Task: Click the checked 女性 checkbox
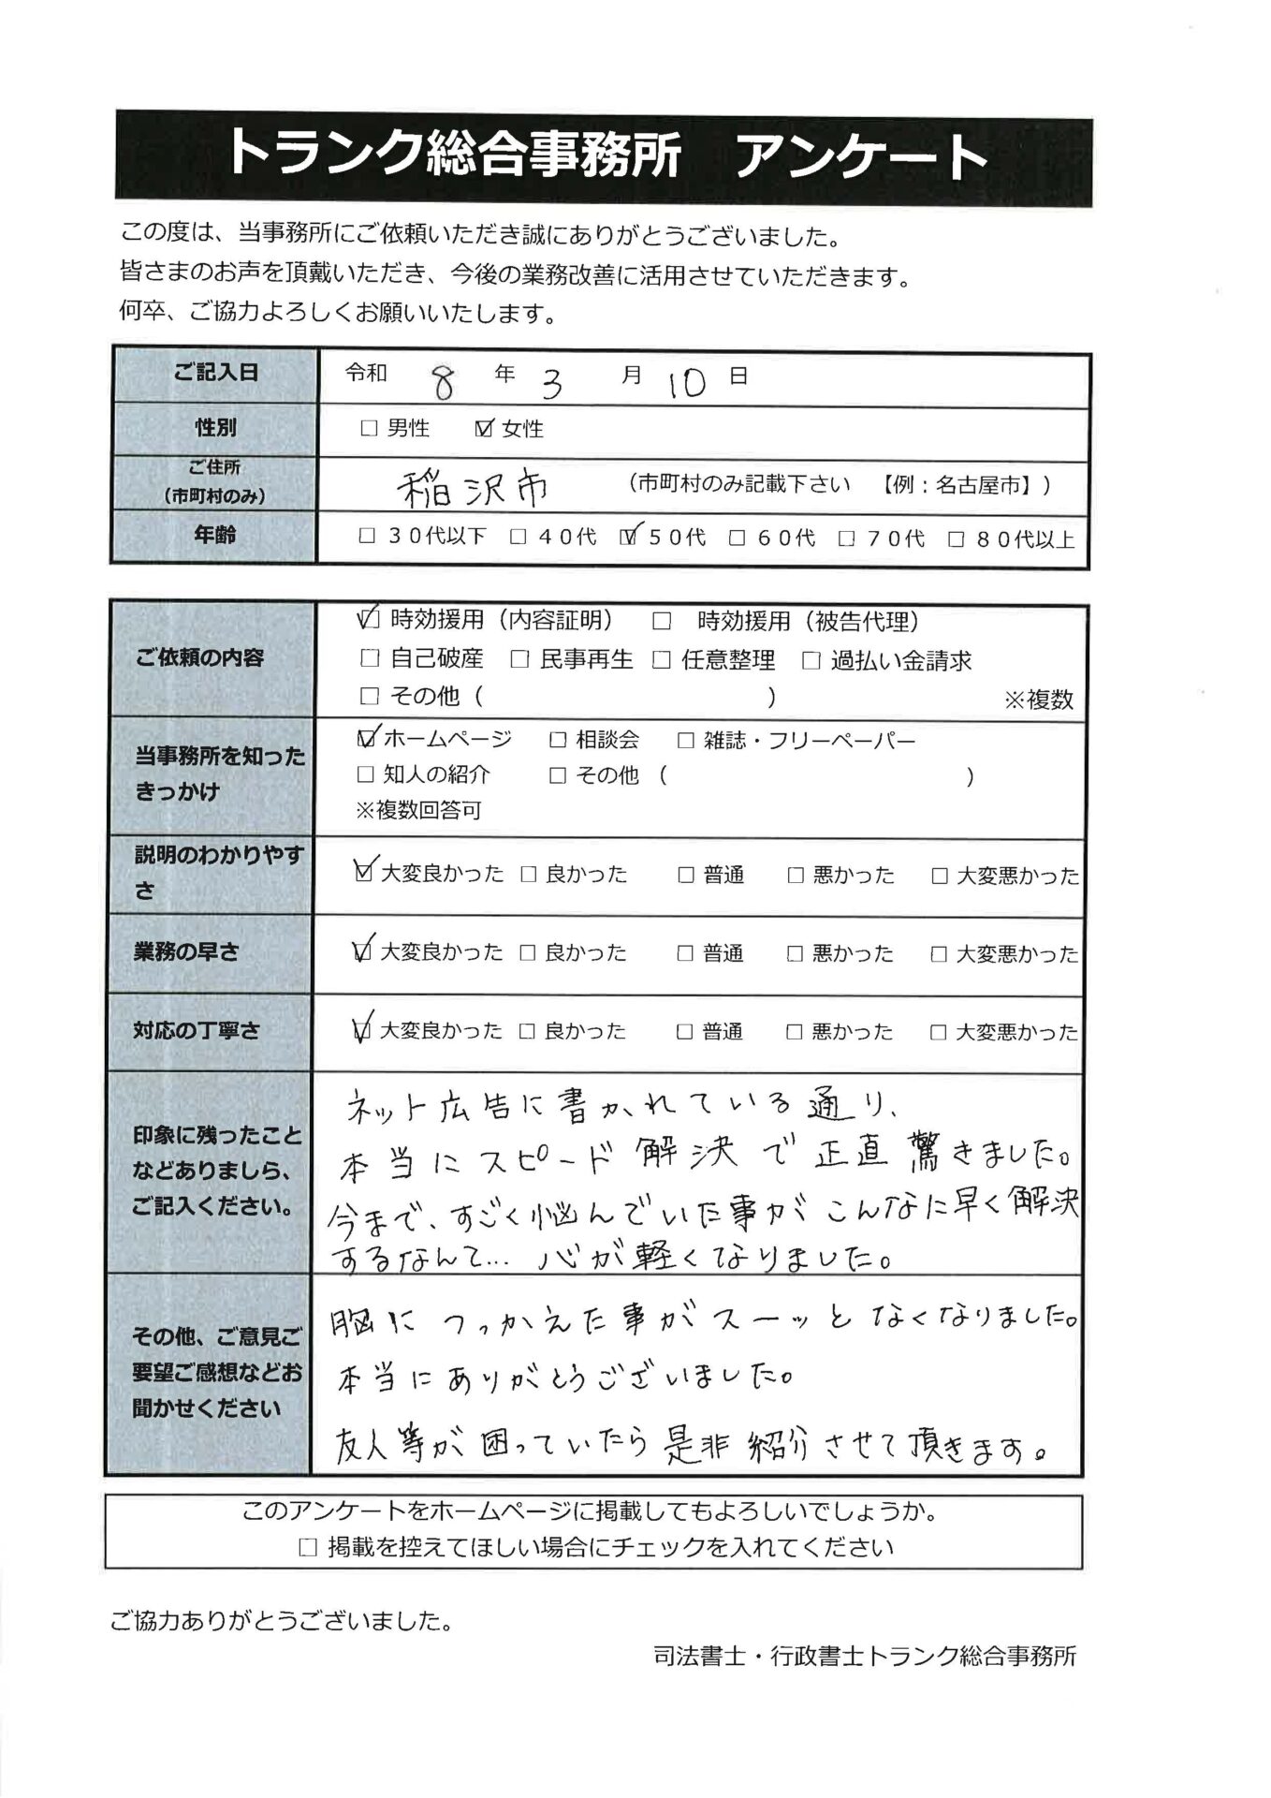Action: tap(484, 429)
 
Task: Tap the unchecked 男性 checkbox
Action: tap(369, 429)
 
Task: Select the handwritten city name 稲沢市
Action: tap(474, 487)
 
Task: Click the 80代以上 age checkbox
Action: tap(957, 539)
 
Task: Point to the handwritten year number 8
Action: tap(443, 381)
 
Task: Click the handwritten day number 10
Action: tap(687, 382)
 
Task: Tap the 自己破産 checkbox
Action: tap(370, 659)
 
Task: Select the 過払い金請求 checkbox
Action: tap(811, 660)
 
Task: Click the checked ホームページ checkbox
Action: tap(367, 740)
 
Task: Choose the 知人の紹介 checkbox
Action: tap(366, 775)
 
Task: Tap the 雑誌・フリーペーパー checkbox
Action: tap(686, 741)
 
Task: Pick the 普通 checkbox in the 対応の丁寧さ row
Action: tap(686, 1032)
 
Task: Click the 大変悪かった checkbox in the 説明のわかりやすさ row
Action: tap(940, 877)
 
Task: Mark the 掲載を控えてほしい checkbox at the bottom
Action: tap(307, 1548)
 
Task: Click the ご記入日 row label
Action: tap(215, 373)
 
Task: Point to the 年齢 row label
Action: tap(215, 536)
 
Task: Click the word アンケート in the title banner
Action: tap(861, 156)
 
